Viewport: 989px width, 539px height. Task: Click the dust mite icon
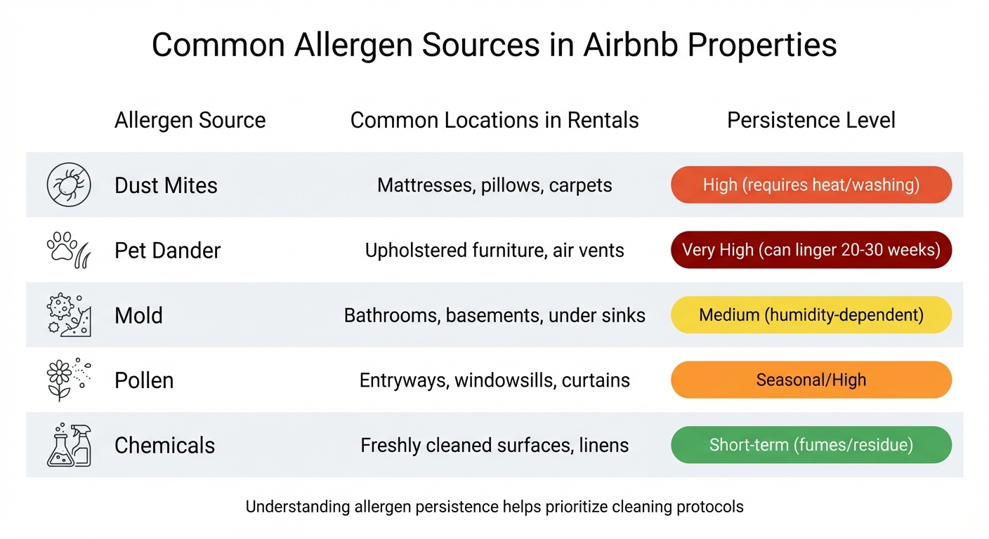pyautogui.click(x=69, y=185)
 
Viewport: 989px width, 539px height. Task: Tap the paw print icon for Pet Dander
pyautogui.click(x=69, y=251)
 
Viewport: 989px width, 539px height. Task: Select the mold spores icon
pyautogui.click(x=69, y=315)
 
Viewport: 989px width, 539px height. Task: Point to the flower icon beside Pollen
pyautogui.click(x=69, y=380)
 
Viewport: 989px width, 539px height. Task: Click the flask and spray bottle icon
pyautogui.click(x=69, y=445)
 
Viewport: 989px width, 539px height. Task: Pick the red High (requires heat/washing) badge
pyautogui.click(x=811, y=185)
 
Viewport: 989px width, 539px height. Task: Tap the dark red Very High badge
pyautogui.click(x=811, y=251)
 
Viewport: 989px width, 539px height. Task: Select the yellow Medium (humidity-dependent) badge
pyautogui.click(x=811, y=315)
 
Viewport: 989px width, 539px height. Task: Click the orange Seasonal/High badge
pyautogui.click(x=811, y=380)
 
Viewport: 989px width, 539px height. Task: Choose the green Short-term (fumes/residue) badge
pyautogui.click(x=811, y=445)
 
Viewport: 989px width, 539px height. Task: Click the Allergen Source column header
pyautogui.click(x=190, y=120)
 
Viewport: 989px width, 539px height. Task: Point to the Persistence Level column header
pyautogui.click(x=811, y=120)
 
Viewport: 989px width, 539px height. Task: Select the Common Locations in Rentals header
pyautogui.click(x=494, y=120)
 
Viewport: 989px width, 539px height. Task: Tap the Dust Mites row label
pyautogui.click(x=166, y=185)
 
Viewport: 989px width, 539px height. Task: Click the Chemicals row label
pyautogui.click(x=164, y=445)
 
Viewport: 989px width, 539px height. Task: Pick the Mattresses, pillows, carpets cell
pyautogui.click(x=494, y=185)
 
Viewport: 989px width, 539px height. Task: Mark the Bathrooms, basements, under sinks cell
pyautogui.click(x=494, y=315)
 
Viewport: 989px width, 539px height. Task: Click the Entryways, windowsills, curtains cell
pyautogui.click(x=494, y=380)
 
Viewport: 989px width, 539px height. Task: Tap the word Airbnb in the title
pyautogui.click(x=628, y=46)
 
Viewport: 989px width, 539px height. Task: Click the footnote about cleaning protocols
pyautogui.click(x=494, y=506)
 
